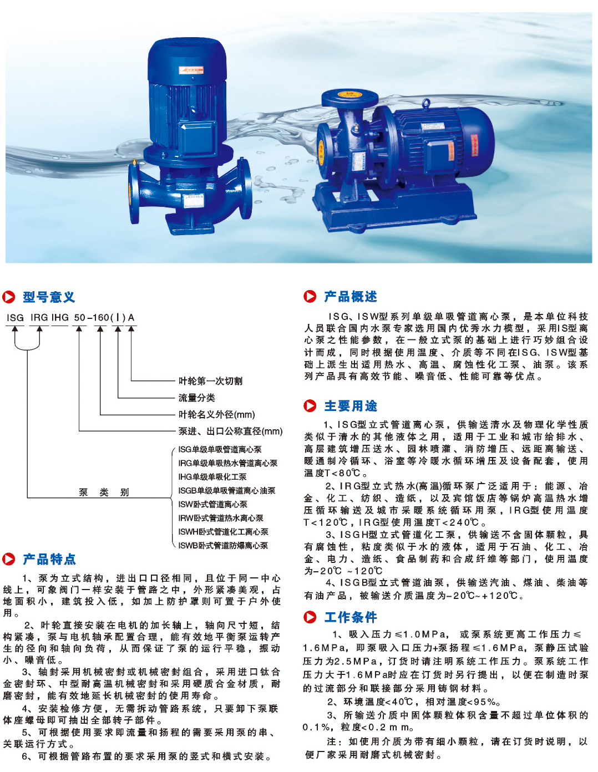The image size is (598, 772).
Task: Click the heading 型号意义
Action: point(49,297)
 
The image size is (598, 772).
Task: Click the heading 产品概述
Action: point(351,296)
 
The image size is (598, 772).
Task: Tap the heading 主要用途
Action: point(351,406)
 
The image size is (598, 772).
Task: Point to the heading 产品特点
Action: point(49,559)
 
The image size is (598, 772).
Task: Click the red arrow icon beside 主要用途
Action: point(310,406)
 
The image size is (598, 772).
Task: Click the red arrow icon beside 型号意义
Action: point(9,297)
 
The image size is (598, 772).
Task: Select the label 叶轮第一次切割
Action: point(210,381)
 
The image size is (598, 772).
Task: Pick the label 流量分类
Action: point(196,398)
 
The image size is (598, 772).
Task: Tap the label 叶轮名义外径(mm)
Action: point(216,414)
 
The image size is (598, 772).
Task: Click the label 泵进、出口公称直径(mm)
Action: point(230,431)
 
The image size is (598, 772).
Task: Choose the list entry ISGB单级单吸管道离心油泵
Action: point(227,491)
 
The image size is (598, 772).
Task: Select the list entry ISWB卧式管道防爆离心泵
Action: point(223,545)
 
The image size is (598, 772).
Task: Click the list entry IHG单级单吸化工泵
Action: point(212,477)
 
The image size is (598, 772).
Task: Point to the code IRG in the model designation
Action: point(39,318)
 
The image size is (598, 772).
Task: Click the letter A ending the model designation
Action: point(131,318)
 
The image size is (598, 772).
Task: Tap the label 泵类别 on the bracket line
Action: point(104,492)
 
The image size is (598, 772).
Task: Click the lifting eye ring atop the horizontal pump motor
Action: point(425,104)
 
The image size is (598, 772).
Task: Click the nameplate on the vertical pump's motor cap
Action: point(191,69)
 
